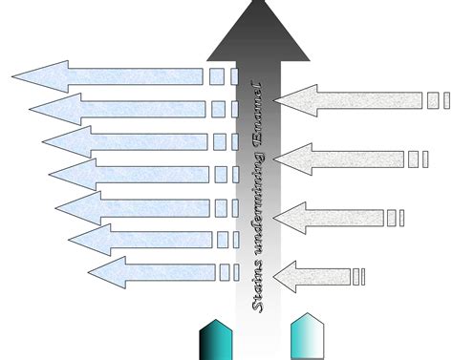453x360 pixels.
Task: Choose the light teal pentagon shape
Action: click(x=307, y=337)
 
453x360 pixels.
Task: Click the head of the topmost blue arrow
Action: click(x=43, y=76)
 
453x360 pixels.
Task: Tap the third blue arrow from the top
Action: click(x=124, y=142)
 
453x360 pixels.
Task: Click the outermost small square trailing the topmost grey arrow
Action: click(x=444, y=100)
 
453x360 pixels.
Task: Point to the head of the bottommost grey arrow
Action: click(x=286, y=277)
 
